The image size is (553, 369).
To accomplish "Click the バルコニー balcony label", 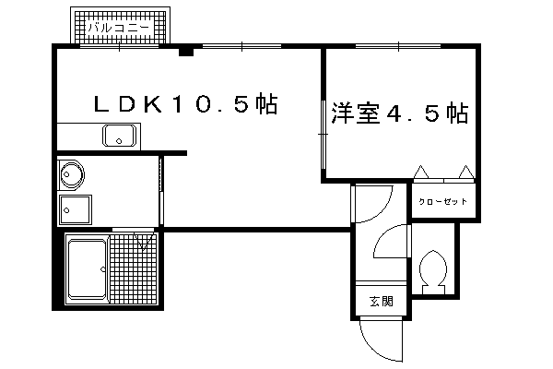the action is tap(119, 27).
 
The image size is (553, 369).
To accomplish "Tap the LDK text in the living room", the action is tap(128, 104).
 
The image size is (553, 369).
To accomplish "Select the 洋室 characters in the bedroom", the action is tap(356, 113).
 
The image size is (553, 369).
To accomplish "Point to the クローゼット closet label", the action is tap(442, 202).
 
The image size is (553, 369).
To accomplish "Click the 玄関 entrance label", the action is tap(382, 302).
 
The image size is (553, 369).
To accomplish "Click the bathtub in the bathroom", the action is tap(88, 269).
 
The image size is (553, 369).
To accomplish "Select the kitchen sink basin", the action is tap(119, 136).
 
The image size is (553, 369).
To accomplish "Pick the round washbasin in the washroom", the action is tap(72, 174).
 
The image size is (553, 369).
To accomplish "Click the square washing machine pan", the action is tap(76, 209).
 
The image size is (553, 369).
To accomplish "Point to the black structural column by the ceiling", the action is tap(186, 52).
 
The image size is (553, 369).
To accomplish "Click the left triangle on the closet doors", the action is tap(421, 172).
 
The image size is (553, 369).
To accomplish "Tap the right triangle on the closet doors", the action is tap(466, 172).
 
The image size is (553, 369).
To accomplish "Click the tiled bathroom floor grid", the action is tap(133, 268).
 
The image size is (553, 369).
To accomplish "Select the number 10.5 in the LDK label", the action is tap(214, 104).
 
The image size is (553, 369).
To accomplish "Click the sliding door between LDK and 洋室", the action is tap(324, 135).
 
